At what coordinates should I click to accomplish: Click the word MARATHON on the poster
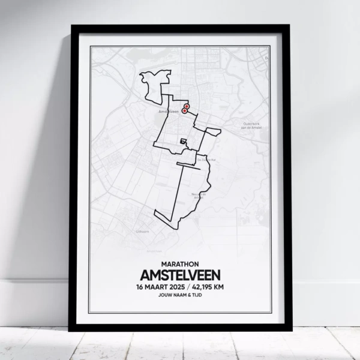(x=179, y=263)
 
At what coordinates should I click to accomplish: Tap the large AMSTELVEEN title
(x=179, y=275)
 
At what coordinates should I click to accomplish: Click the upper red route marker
(x=187, y=106)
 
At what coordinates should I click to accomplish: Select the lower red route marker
(x=185, y=111)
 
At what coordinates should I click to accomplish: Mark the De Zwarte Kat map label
(x=205, y=160)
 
